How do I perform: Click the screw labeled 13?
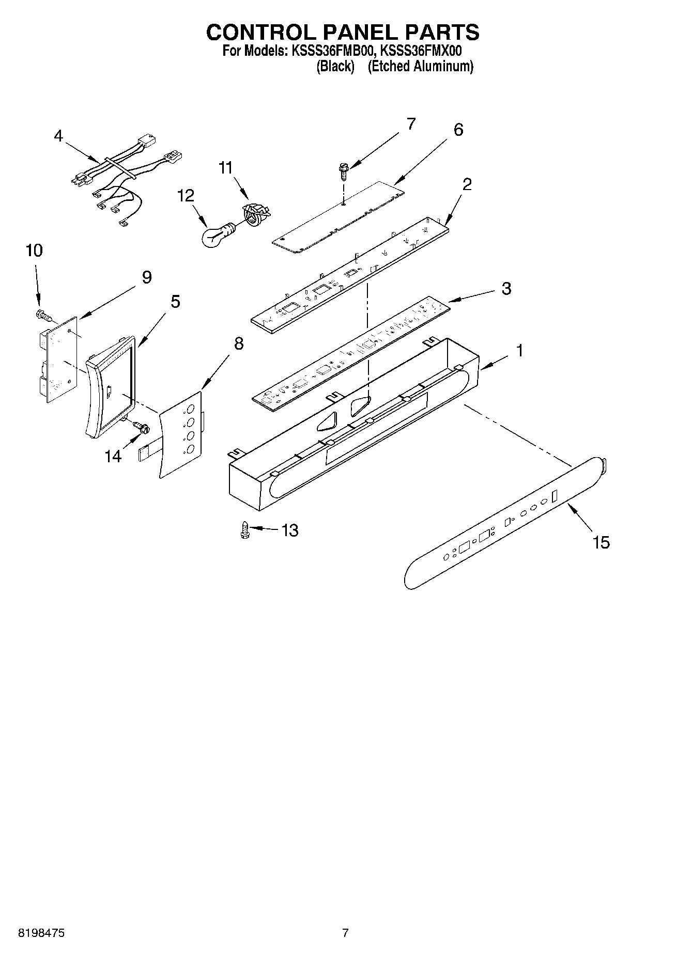point(245,530)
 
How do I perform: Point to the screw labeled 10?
point(42,314)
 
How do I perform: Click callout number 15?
point(601,542)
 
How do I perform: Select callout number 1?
point(519,351)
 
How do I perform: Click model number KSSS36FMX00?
point(421,51)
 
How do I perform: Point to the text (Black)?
point(335,66)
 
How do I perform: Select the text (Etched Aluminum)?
point(420,66)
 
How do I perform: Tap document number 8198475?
point(41,933)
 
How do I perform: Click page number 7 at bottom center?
point(345,933)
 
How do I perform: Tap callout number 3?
point(506,288)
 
